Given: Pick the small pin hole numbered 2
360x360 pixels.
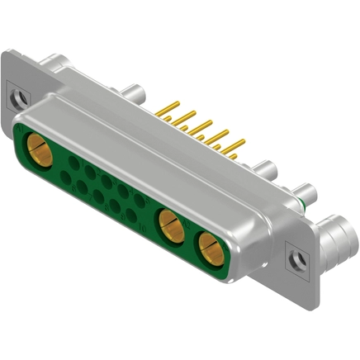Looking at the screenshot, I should pyautogui.click(x=90, y=172).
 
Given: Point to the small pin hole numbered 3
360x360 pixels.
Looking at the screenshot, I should pyautogui.click(x=106, y=182).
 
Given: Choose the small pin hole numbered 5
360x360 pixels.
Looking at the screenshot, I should pyautogui.click(x=140, y=200).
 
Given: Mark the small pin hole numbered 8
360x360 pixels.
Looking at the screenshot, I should pyautogui.click(x=98, y=197).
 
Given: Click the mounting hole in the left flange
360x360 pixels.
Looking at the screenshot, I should pyautogui.click(x=17, y=103).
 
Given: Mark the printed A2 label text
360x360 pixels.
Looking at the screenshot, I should pyautogui.click(x=186, y=223).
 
